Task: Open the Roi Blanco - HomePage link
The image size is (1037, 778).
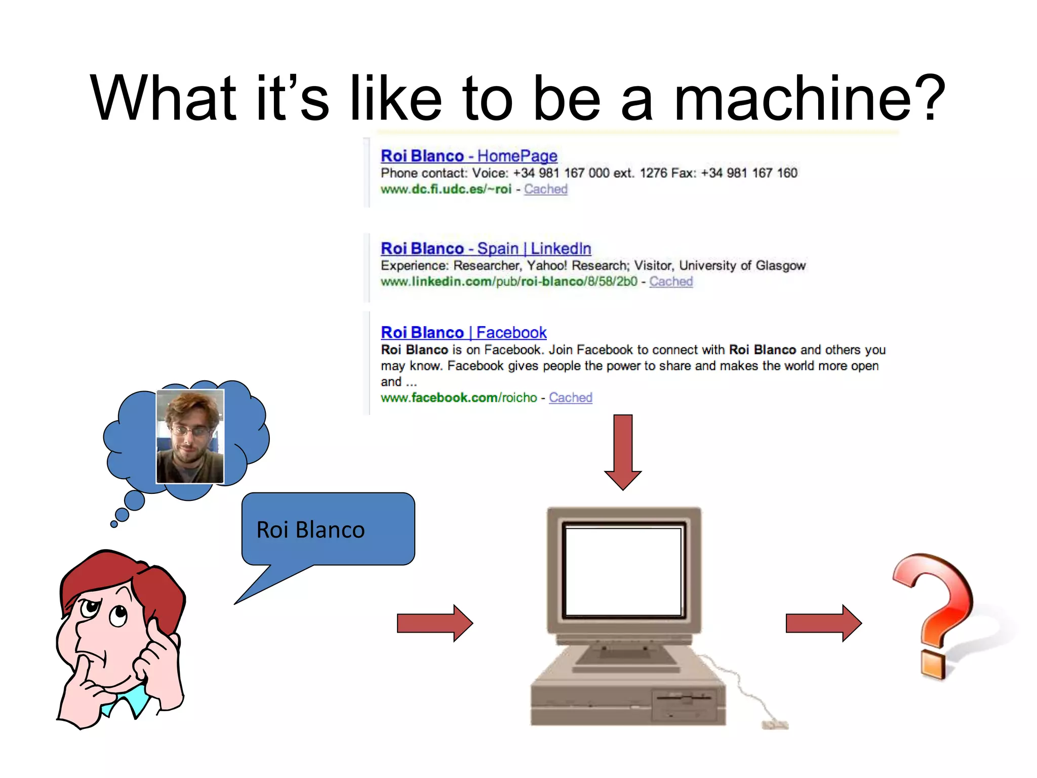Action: click(x=468, y=156)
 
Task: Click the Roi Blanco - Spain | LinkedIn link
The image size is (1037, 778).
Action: click(x=486, y=249)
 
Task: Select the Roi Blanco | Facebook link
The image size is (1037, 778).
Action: click(x=463, y=333)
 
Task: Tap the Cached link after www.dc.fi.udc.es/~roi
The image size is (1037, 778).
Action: click(x=545, y=189)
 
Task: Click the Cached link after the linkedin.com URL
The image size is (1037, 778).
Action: click(x=670, y=282)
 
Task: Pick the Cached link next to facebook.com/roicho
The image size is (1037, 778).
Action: click(x=570, y=398)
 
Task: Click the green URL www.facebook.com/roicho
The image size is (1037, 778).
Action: click(x=458, y=398)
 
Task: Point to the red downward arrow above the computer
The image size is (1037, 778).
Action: click(x=623, y=451)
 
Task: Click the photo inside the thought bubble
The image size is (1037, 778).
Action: click(x=190, y=436)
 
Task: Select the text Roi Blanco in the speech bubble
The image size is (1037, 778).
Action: click(x=310, y=530)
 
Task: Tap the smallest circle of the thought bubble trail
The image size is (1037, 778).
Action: click(x=114, y=524)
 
